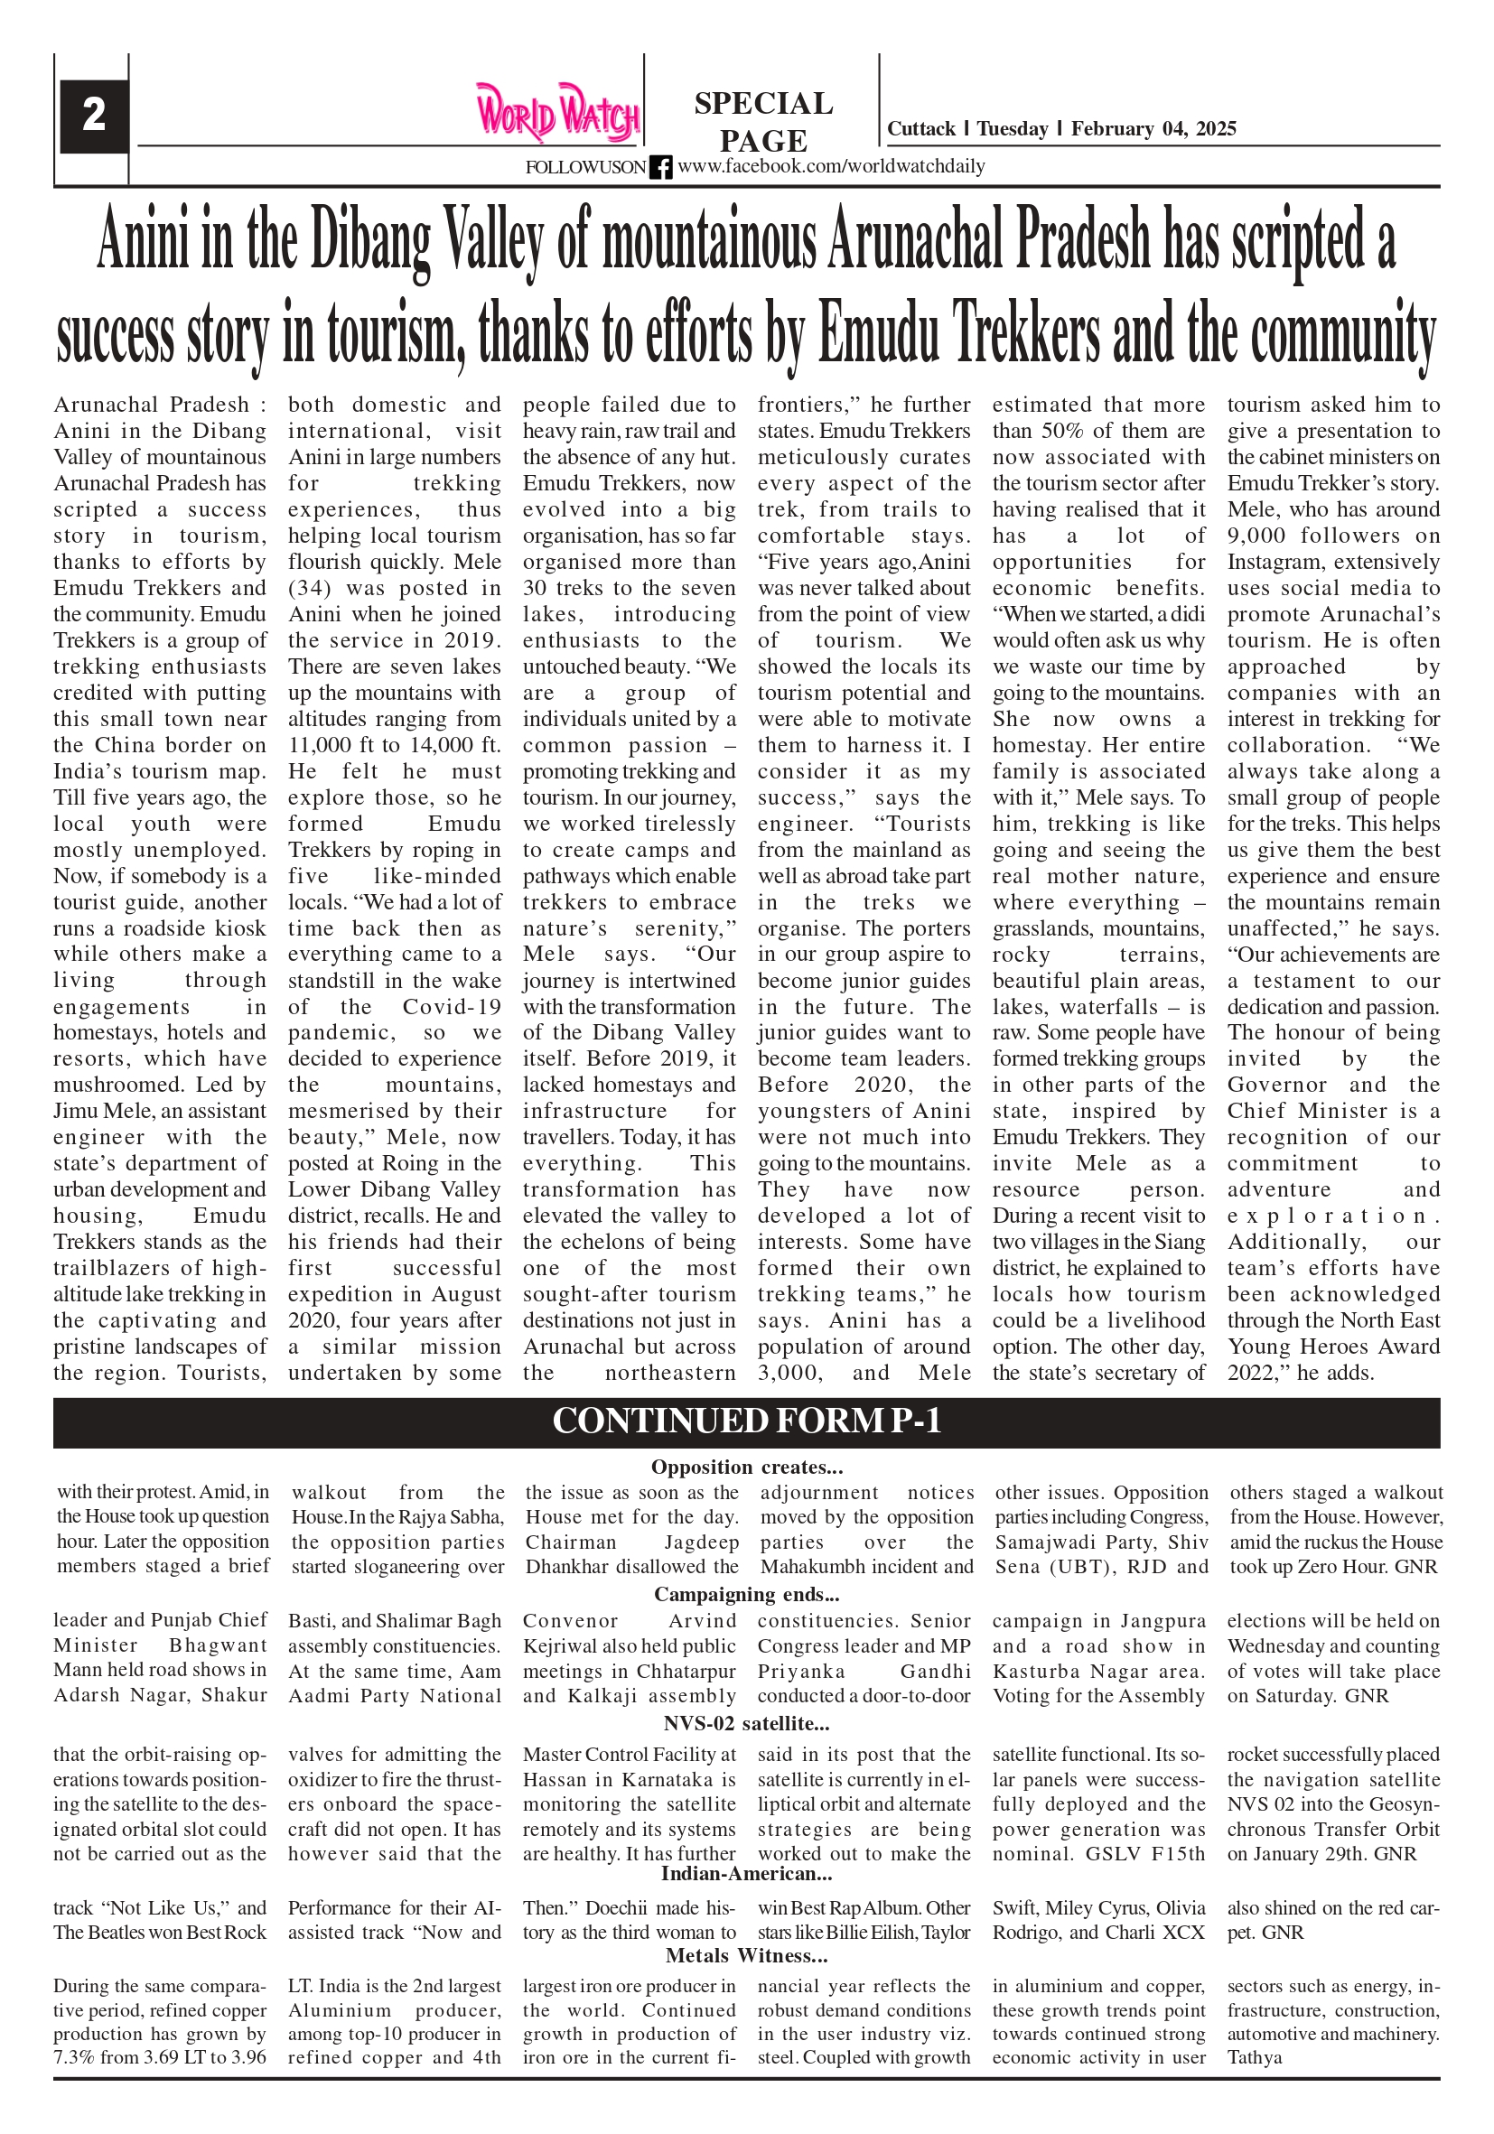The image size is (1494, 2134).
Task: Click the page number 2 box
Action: [x=93, y=116]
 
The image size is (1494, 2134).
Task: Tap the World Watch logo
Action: [x=557, y=113]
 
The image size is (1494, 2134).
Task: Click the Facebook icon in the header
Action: [x=660, y=167]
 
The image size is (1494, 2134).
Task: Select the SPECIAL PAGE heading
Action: [x=763, y=121]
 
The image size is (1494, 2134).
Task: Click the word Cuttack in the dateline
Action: [x=920, y=129]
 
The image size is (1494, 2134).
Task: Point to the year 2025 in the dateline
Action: [x=1215, y=129]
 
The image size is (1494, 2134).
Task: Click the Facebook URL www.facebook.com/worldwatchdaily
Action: [x=830, y=166]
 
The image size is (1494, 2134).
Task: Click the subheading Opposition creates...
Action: [x=746, y=1468]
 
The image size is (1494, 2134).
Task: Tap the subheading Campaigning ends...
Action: [x=746, y=1595]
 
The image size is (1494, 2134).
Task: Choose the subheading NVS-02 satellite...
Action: [x=746, y=1723]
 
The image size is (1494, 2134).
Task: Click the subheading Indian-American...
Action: [x=746, y=1874]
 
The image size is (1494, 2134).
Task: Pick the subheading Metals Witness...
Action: [x=746, y=1955]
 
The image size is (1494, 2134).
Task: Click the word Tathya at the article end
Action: [x=1254, y=2058]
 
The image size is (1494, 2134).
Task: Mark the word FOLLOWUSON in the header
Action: [x=584, y=168]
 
